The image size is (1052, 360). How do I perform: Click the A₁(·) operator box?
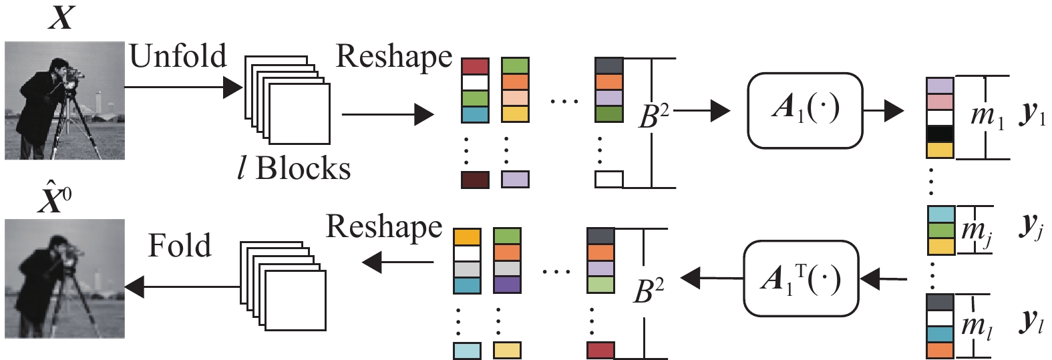[805, 110]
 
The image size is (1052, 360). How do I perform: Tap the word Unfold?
[178, 56]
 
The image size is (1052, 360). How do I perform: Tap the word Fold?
[179, 246]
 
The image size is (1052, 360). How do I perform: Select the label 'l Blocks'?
[294, 169]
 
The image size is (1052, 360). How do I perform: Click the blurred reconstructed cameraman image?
[65, 279]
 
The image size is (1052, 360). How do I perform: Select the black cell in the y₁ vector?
[939, 134]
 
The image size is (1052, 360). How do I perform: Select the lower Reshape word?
[384, 228]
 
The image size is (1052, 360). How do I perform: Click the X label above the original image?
[61, 18]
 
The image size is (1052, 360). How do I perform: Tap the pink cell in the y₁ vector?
[939, 102]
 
